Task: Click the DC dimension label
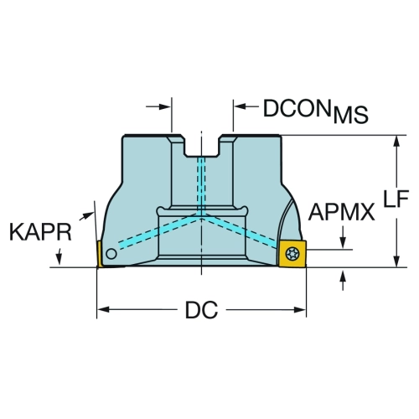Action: tap(201, 310)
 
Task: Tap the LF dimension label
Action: tap(396, 199)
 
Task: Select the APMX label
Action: tap(341, 212)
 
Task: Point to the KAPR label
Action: tap(41, 232)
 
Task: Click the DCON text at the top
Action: tap(297, 108)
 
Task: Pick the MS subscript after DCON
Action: tap(351, 115)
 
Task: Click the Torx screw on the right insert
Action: tap(292, 254)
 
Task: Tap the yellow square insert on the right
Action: tap(292, 254)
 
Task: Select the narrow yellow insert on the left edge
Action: tap(100, 254)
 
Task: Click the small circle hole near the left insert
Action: tap(111, 254)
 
